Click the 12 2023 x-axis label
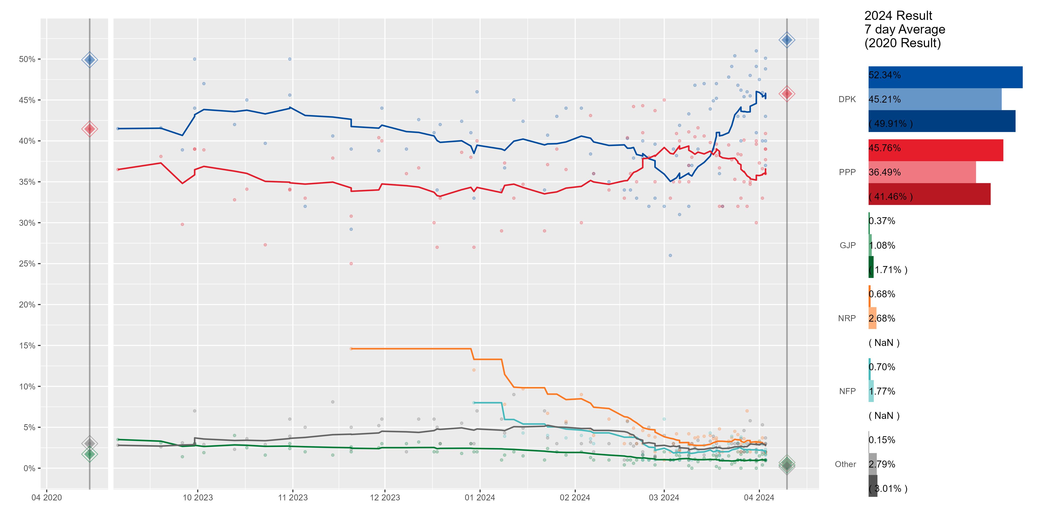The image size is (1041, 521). [x=385, y=498]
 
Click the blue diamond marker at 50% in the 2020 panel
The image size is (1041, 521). [x=89, y=60]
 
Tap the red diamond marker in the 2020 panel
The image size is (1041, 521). [x=89, y=129]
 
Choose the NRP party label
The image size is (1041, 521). [x=847, y=318]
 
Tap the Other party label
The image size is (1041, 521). [x=846, y=464]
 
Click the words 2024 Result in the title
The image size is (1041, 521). [x=898, y=16]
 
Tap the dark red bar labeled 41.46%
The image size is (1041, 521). [x=929, y=194]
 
